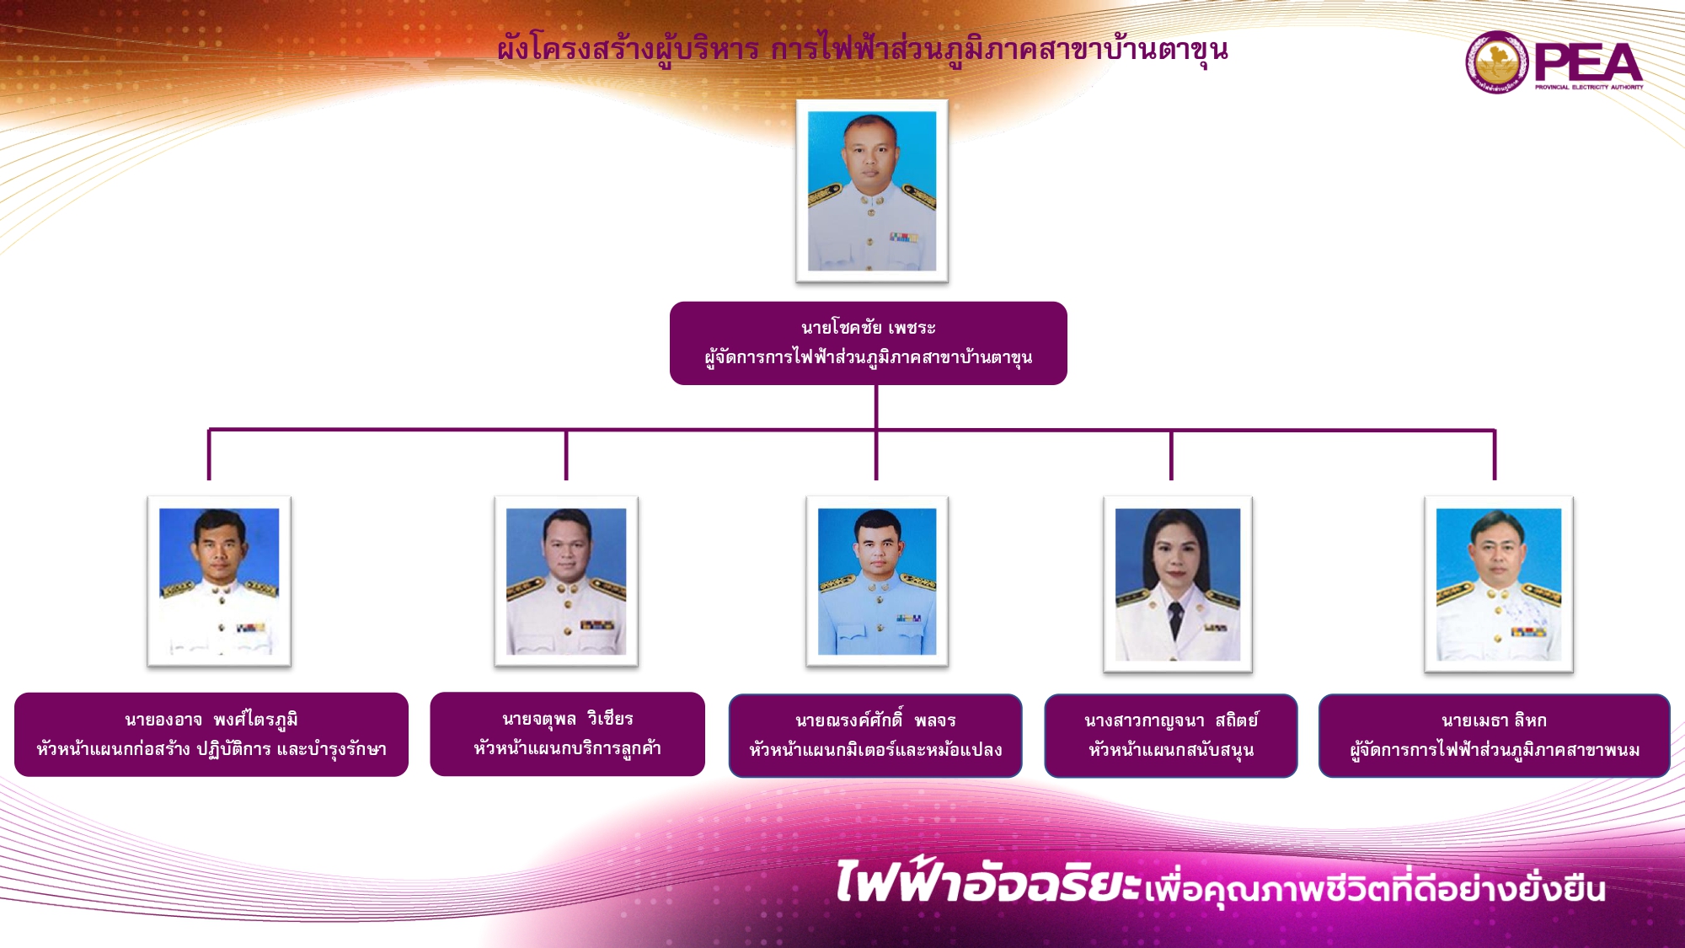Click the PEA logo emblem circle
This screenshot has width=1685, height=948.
(x=1496, y=62)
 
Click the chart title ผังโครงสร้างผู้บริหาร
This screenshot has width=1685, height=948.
(x=629, y=50)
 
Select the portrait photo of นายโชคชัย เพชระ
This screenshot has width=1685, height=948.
(x=872, y=190)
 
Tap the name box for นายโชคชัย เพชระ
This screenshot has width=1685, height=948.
(x=869, y=343)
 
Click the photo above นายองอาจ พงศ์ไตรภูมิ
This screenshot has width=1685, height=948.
(x=219, y=581)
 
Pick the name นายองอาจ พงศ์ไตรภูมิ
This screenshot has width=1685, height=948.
(x=211, y=720)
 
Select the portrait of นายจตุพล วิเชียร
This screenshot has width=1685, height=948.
(x=566, y=581)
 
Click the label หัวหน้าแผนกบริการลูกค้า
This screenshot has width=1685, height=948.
(x=567, y=748)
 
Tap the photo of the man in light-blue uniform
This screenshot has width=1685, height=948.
(x=877, y=581)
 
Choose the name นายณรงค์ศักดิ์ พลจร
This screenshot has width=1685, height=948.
(x=875, y=720)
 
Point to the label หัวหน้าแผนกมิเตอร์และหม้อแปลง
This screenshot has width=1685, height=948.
(x=875, y=750)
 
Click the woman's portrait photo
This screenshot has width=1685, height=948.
(x=1178, y=584)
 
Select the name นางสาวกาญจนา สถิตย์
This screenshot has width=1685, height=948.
(x=1171, y=720)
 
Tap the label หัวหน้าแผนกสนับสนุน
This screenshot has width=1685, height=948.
(x=1171, y=750)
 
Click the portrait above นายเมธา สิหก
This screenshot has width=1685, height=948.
(x=1499, y=584)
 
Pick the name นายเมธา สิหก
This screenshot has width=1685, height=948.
(x=1494, y=720)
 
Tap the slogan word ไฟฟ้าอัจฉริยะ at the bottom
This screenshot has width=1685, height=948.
(x=988, y=881)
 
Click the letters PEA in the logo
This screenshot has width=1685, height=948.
(x=1588, y=62)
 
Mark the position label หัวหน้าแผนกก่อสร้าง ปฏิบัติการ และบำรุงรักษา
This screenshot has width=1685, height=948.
(x=211, y=750)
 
